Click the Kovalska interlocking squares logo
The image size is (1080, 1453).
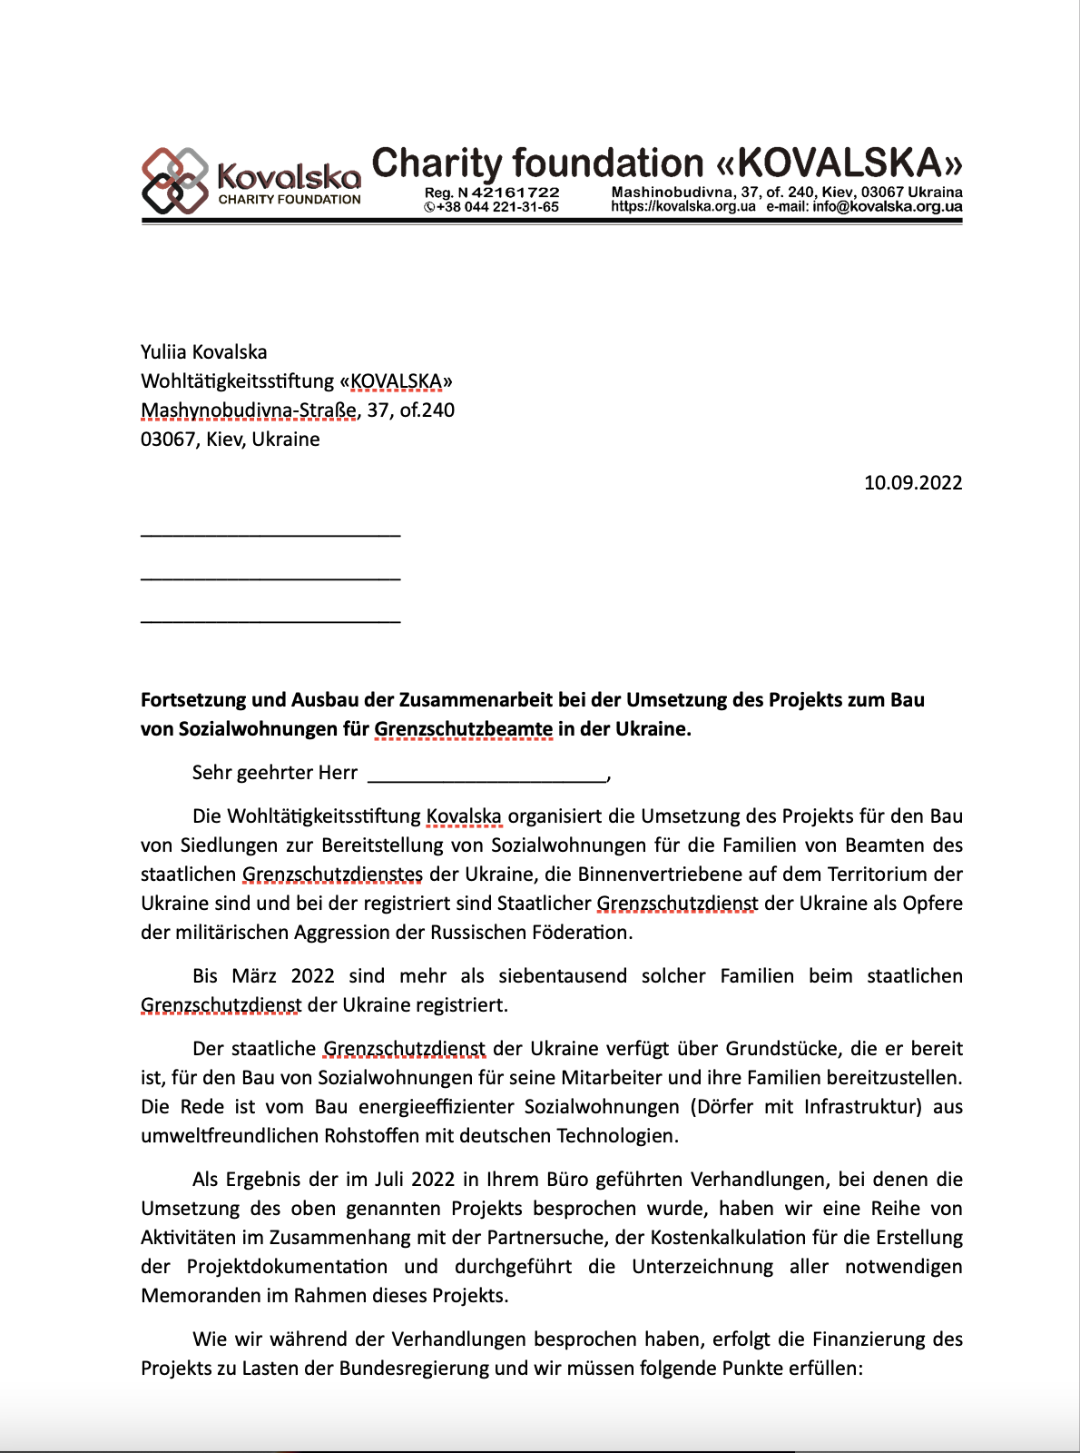(175, 181)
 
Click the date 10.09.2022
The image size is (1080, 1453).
(912, 482)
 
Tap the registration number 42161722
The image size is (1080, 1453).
(515, 193)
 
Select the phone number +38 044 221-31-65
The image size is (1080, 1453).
(496, 207)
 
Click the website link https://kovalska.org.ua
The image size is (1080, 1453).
(682, 207)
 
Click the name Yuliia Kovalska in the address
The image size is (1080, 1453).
(203, 351)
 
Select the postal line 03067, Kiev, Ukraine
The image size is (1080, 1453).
(230, 439)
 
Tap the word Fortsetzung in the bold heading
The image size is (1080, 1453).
(193, 699)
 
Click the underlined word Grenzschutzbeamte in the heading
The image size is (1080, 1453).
(463, 728)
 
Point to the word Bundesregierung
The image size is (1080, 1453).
(422, 1368)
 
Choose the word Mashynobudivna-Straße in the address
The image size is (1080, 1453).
(249, 410)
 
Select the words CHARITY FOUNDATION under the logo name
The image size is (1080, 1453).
(289, 200)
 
